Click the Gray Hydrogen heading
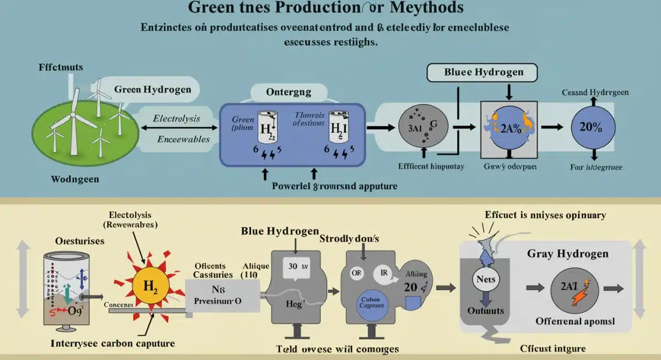tap(568, 253)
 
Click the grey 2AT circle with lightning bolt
tap(574, 288)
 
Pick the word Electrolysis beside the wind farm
tap(176, 118)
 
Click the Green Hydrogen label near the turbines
tap(153, 89)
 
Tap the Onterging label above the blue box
tap(289, 92)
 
